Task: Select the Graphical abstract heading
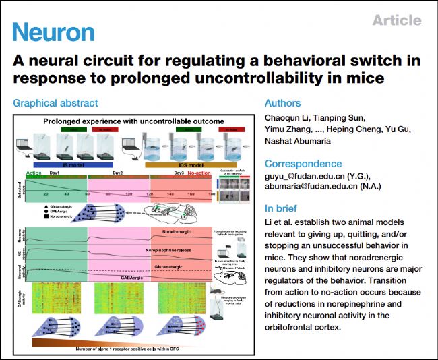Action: point(55,103)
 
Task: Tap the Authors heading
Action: point(283,104)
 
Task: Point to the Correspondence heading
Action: point(303,163)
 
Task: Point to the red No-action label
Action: point(200,172)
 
